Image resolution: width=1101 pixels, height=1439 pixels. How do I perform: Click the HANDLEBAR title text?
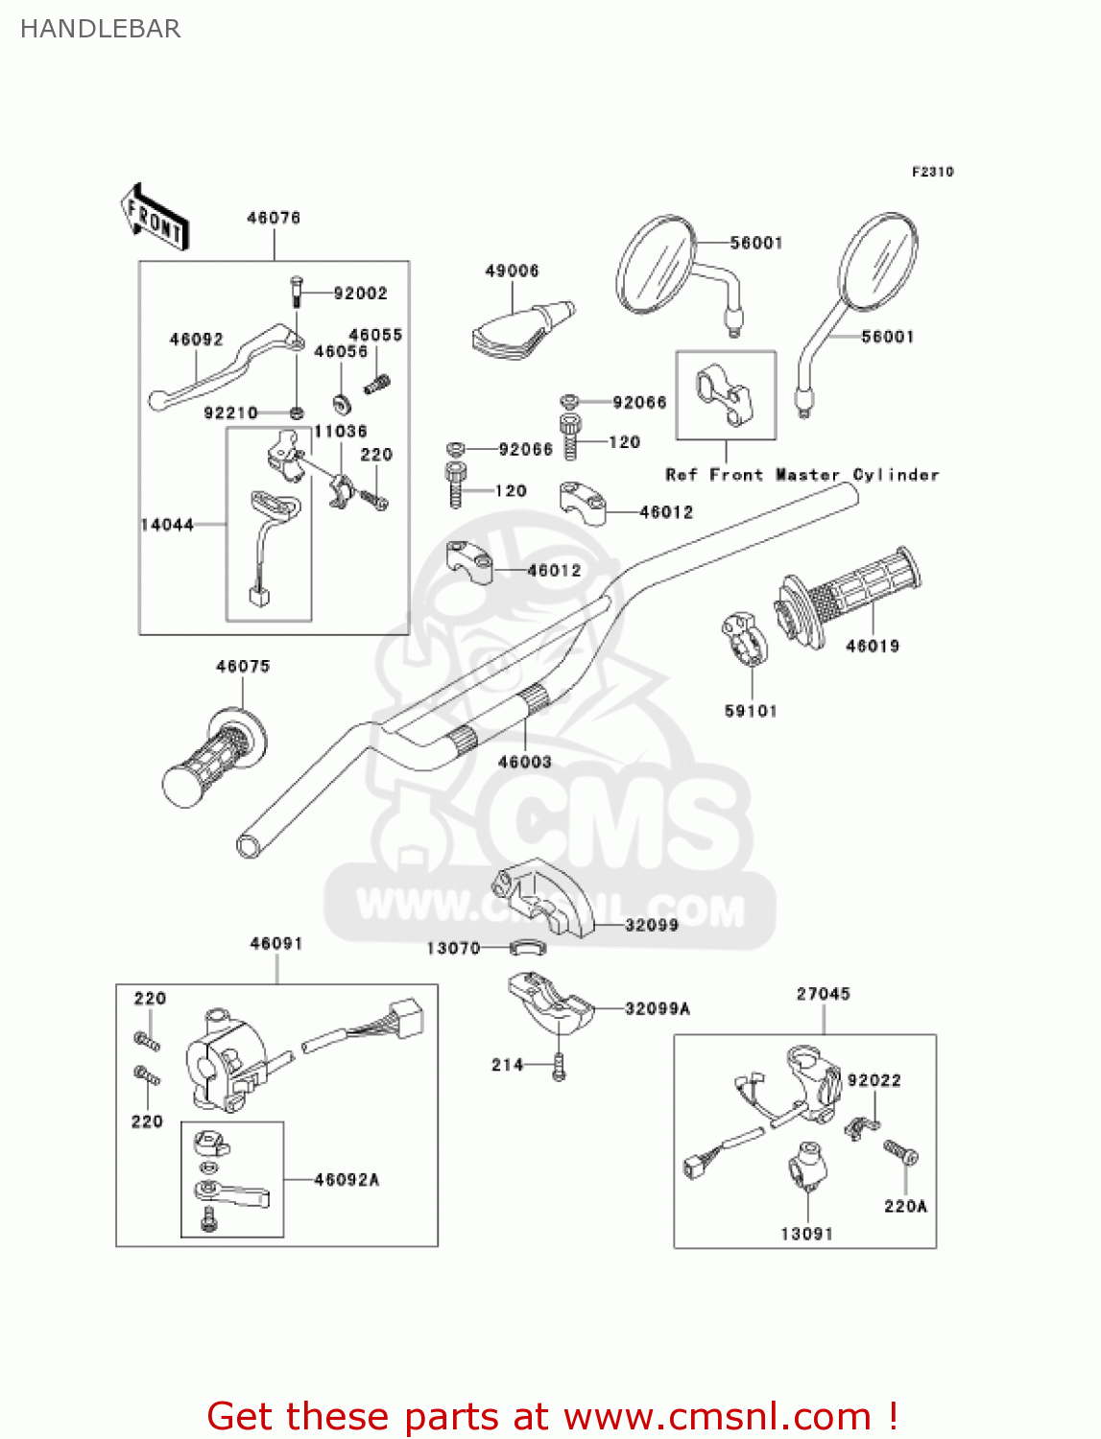tap(100, 29)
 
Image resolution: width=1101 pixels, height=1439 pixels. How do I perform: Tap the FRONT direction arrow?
tap(155, 218)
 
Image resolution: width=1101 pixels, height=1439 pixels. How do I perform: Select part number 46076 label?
tap(274, 218)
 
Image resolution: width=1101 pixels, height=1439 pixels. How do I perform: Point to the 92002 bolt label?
tap(360, 294)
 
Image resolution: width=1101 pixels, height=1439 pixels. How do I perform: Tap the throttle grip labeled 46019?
tap(850, 595)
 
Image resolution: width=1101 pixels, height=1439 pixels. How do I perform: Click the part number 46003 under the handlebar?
tap(524, 762)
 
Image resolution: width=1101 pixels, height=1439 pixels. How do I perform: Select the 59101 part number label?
tap(751, 711)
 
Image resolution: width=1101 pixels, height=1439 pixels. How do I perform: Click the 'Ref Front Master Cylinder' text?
tap(802, 475)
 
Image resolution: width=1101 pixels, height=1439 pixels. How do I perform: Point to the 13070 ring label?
tap(453, 949)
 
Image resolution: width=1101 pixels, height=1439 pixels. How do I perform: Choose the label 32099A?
tap(658, 1008)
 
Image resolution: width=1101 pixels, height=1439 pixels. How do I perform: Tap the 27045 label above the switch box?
tap(823, 994)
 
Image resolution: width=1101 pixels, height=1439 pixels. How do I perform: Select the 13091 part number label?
tap(806, 1234)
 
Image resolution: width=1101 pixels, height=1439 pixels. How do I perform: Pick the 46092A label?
tap(347, 1180)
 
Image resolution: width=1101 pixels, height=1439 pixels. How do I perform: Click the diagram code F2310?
tap(932, 172)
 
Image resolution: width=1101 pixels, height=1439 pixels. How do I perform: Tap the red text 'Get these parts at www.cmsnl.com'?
tap(552, 1416)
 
